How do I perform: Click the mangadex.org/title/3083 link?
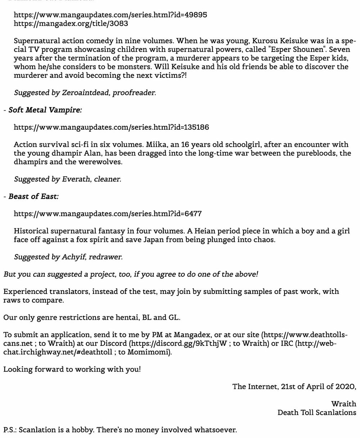tap(71, 24)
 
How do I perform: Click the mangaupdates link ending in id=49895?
tap(110, 15)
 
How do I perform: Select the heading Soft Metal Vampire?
tap(45, 110)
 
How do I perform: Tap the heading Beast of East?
tap(33, 196)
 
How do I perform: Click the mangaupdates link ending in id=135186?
tap(111, 127)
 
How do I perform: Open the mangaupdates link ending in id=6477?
tap(107, 214)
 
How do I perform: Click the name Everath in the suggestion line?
tap(76, 179)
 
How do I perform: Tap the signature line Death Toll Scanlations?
tap(317, 412)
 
